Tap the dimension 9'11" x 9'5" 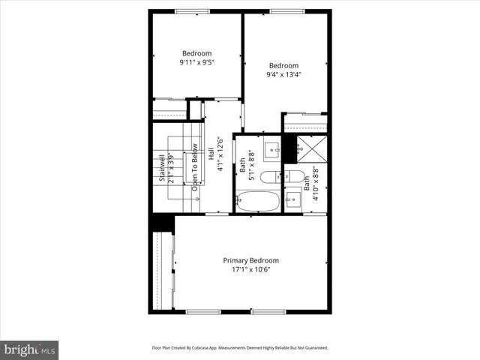click(196, 63)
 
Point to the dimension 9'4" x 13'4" click(283, 74)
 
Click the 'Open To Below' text click(194, 167)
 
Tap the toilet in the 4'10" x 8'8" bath click(293, 177)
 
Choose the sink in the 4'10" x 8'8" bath click(293, 199)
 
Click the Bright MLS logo click(29, 349)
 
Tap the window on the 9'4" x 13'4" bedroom click(286, 11)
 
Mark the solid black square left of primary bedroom click(162, 223)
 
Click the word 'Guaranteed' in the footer click(313, 348)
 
